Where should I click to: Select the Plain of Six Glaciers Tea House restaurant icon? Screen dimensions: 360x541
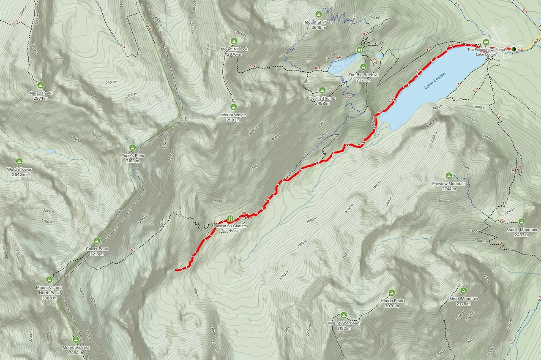click(x=230, y=218)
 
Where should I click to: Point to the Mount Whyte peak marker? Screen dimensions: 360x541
click(x=234, y=107)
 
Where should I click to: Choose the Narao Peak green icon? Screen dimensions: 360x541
click(x=41, y=85)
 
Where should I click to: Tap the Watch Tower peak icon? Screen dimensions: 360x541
click(x=19, y=161)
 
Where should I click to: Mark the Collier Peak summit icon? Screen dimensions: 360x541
click(x=97, y=240)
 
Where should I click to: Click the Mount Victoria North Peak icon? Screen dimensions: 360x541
click(x=49, y=279)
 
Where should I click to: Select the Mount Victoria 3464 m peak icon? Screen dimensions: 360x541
click(x=76, y=339)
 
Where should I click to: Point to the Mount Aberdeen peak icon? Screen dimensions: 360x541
click(x=344, y=315)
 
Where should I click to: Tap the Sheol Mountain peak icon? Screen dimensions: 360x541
click(x=464, y=291)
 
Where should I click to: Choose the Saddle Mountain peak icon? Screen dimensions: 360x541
click(x=522, y=221)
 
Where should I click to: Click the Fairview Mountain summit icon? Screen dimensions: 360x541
click(x=449, y=176)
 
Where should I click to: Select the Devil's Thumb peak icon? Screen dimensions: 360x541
click(x=322, y=90)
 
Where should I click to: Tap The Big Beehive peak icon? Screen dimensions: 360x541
click(x=363, y=67)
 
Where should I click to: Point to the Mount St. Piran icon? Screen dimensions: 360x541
click(x=319, y=14)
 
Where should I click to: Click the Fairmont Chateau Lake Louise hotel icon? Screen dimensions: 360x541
click(x=486, y=42)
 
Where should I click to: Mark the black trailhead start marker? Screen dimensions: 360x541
click(x=513, y=49)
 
